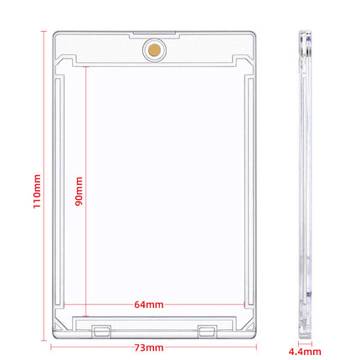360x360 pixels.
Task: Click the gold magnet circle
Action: coord(154,50)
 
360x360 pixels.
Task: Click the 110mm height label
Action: coord(37,191)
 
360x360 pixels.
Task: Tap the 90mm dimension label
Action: coord(79,191)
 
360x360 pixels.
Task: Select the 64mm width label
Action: coord(149,305)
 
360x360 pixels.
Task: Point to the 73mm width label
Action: coord(149,347)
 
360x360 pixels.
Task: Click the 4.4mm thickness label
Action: coord(305,352)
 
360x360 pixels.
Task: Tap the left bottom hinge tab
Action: coord(101,332)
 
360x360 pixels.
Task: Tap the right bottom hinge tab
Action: coord(207,332)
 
